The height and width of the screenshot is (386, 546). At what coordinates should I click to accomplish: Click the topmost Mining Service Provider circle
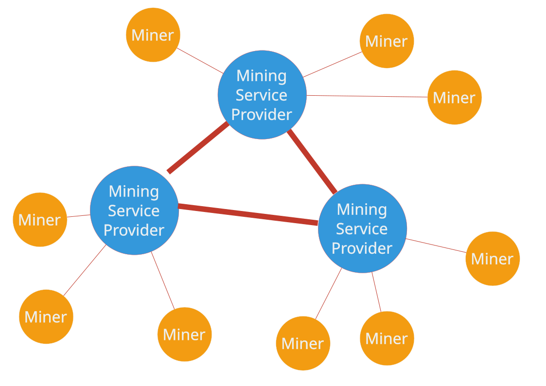point(262,95)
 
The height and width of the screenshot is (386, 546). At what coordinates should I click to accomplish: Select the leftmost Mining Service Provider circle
point(134,211)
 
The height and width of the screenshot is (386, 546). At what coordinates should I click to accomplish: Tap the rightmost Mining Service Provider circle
point(362,228)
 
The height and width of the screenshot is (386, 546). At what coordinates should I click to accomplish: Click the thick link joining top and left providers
point(197,148)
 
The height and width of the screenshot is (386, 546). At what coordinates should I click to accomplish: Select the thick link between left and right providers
point(248,215)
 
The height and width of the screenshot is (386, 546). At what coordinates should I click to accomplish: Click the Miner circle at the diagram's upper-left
point(153,35)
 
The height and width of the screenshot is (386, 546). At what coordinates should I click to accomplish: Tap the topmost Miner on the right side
point(387,41)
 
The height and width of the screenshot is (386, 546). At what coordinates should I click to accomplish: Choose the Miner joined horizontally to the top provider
point(454,97)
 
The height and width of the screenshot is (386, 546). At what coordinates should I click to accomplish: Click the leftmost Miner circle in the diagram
point(39,220)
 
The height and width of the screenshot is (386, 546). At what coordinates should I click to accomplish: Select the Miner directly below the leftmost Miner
point(46,317)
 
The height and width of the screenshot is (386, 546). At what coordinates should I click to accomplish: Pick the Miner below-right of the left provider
point(184,334)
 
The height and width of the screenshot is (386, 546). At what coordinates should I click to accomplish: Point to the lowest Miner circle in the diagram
point(302,344)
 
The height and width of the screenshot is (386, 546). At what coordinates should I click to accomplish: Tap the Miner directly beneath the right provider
point(387,338)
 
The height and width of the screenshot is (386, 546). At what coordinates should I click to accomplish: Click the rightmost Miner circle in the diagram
point(492,259)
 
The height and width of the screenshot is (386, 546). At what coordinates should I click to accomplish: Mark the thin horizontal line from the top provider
point(367,96)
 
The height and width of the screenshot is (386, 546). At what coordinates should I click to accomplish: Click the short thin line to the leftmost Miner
point(78,216)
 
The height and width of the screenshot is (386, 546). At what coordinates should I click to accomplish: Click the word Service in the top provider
point(262,95)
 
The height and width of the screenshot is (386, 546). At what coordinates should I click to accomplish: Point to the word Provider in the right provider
point(362,248)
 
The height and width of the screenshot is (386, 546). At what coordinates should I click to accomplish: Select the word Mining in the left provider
point(134,191)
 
